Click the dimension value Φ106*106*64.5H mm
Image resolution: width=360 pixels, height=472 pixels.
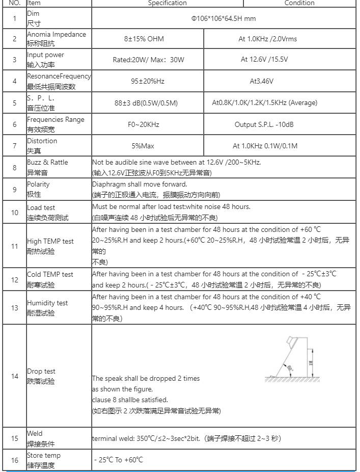point(223,19)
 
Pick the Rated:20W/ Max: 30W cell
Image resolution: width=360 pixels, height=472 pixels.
point(148,60)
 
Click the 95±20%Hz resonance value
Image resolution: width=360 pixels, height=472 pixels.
point(148,81)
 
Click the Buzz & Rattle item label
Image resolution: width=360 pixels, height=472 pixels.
point(47,162)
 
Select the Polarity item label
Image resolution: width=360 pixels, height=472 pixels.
point(38,184)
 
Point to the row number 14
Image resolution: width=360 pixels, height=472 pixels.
point(15,376)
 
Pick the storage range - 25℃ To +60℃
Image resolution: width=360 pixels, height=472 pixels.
point(118,459)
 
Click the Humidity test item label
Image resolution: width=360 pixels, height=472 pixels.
point(47,303)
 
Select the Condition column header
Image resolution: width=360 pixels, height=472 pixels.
point(299,3)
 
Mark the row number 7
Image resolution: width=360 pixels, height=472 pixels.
point(15,146)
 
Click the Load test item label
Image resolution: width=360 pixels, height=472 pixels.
point(41,207)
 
